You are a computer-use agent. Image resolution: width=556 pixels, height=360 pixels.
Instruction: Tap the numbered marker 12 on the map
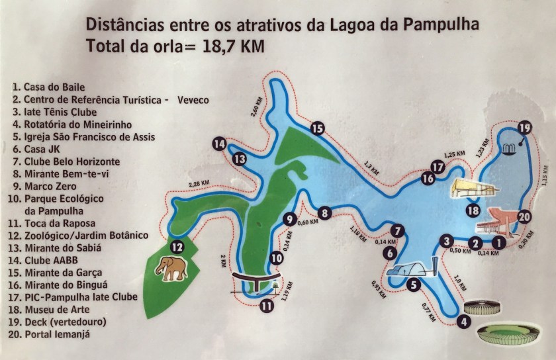point(176,247)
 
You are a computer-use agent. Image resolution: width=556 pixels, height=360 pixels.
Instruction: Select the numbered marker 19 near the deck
point(524,128)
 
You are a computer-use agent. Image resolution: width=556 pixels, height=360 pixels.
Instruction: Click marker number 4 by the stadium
point(465,322)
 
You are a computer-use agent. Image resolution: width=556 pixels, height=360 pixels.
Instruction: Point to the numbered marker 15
point(317,129)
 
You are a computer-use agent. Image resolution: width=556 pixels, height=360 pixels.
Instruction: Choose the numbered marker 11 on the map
point(267,306)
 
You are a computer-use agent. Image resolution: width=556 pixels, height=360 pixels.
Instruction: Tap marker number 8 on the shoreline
point(324,213)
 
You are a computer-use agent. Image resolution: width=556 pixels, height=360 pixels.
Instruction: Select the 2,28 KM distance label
point(199,183)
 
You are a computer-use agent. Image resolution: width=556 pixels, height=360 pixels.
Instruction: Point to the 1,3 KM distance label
point(372,168)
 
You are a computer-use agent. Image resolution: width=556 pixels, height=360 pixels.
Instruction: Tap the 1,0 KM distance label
point(459,283)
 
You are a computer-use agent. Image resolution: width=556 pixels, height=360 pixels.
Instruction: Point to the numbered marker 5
point(413,286)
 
